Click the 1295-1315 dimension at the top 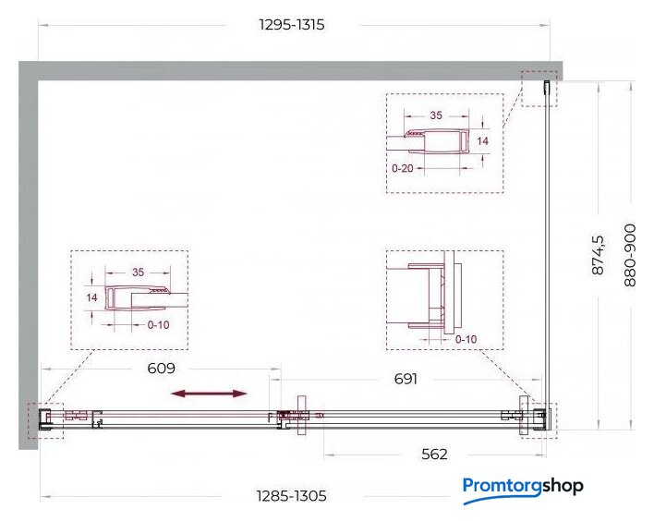click(x=292, y=25)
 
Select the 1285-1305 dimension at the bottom click(x=291, y=496)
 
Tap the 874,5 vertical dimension click(x=598, y=255)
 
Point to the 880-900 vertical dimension click(x=630, y=255)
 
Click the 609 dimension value click(x=161, y=369)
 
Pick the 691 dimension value click(x=406, y=379)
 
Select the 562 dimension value click(x=434, y=454)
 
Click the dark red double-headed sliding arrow click(x=209, y=394)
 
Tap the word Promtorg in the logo click(x=503, y=487)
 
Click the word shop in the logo click(x=563, y=486)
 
